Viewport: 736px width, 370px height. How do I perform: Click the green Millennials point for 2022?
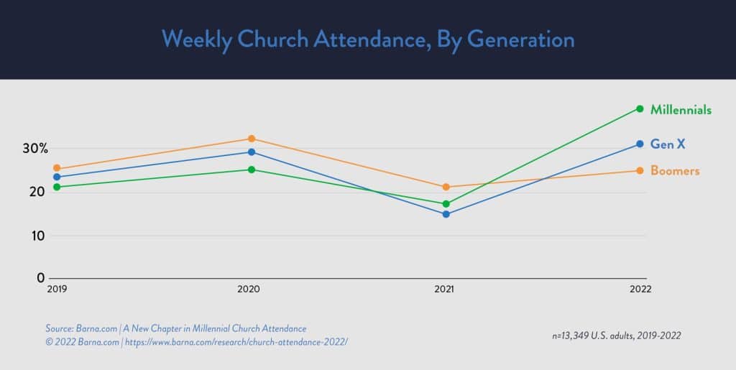[640, 109]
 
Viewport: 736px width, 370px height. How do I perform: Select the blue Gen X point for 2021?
[446, 214]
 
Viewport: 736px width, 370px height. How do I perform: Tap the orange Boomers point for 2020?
[252, 139]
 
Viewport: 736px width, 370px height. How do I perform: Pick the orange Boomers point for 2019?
[57, 169]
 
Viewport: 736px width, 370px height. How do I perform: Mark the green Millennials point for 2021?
[446, 204]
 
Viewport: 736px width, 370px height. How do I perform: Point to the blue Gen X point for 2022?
[640, 144]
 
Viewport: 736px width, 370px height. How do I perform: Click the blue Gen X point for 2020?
[252, 152]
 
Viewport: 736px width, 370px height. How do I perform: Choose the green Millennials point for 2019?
[57, 187]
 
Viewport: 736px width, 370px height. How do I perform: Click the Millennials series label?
[681, 110]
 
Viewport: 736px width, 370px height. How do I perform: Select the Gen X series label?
[668, 144]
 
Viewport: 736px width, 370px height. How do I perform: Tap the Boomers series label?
[675, 171]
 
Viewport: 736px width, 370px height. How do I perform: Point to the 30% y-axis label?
[34, 149]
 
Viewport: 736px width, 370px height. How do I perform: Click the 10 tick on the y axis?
[37, 236]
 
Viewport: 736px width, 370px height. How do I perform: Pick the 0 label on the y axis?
[41, 278]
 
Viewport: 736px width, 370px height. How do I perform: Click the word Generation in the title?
[521, 39]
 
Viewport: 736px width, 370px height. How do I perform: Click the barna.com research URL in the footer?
[236, 342]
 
